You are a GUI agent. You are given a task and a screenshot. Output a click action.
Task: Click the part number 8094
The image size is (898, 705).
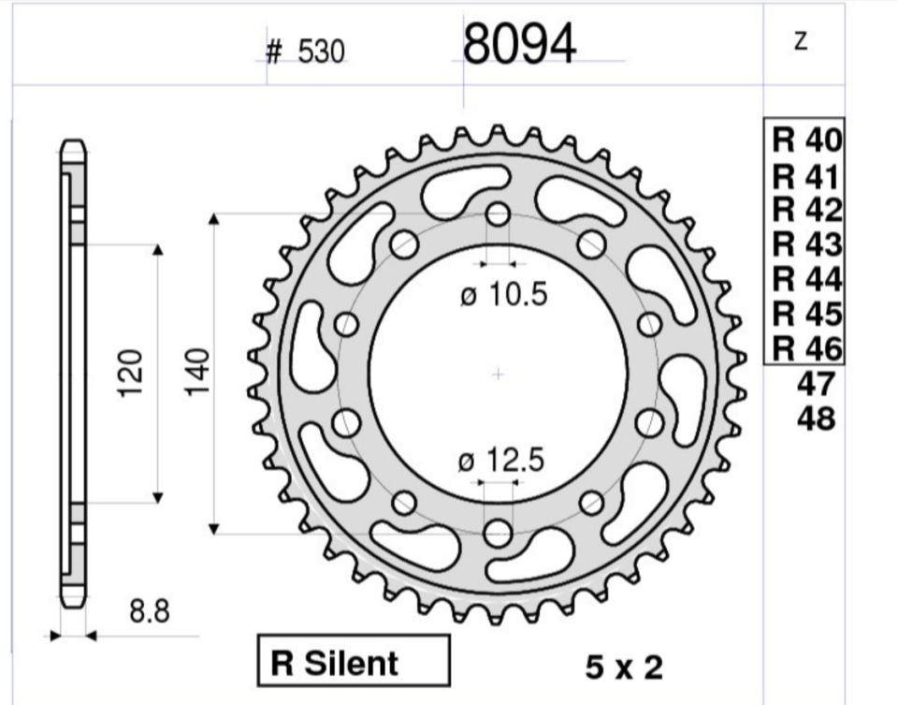pyautogui.click(x=519, y=44)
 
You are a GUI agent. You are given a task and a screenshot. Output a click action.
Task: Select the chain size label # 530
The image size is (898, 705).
pyautogui.click(x=305, y=51)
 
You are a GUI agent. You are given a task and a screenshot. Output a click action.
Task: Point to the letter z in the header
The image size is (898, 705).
pyautogui.click(x=802, y=40)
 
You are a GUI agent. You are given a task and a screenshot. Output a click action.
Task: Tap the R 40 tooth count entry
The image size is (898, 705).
pyautogui.click(x=807, y=140)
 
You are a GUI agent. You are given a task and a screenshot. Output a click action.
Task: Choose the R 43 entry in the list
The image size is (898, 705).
pyautogui.click(x=807, y=244)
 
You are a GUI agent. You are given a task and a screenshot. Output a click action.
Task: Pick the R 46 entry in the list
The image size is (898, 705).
pyautogui.click(x=807, y=349)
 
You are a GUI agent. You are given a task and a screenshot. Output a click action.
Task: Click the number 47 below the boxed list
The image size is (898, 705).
pyautogui.click(x=816, y=384)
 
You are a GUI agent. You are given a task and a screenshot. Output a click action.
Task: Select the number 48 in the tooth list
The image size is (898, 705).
pyautogui.click(x=816, y=419)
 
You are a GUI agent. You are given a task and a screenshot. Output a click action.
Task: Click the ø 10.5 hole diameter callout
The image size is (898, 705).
pyautogui.click(x=504, y=294)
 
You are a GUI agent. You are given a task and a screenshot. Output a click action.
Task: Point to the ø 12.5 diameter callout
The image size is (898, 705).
pyautogui.click(x=501, y=461)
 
